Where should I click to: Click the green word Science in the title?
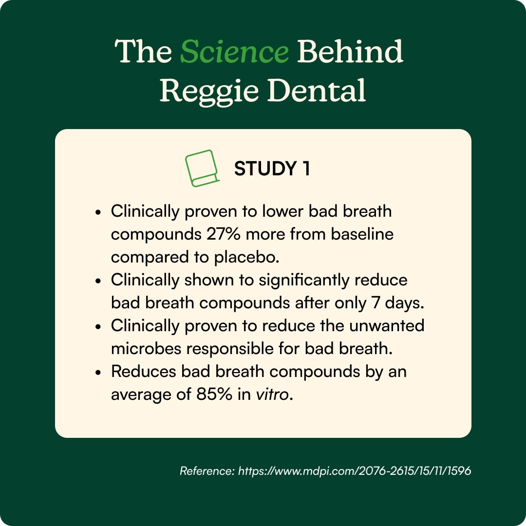(x=234, y=51)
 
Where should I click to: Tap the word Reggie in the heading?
(x=209, y=91)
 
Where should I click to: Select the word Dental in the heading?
(x=316, y=90)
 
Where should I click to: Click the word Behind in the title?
(x=350, y=51)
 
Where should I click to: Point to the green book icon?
(x=202, y=168)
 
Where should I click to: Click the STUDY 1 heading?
(x=272, y=169)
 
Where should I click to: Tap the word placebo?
(x=246, y=257)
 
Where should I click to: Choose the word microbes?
(x=146, y=349)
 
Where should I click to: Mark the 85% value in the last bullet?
(x=214, y=394)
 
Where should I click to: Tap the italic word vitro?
(x=272, y=394)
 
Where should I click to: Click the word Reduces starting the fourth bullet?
(x=144, y=371)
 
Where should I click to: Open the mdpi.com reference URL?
(x=354, y=470)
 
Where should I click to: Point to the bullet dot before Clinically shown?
(x=98, y=281)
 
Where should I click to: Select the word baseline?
(x=362, y=234)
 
